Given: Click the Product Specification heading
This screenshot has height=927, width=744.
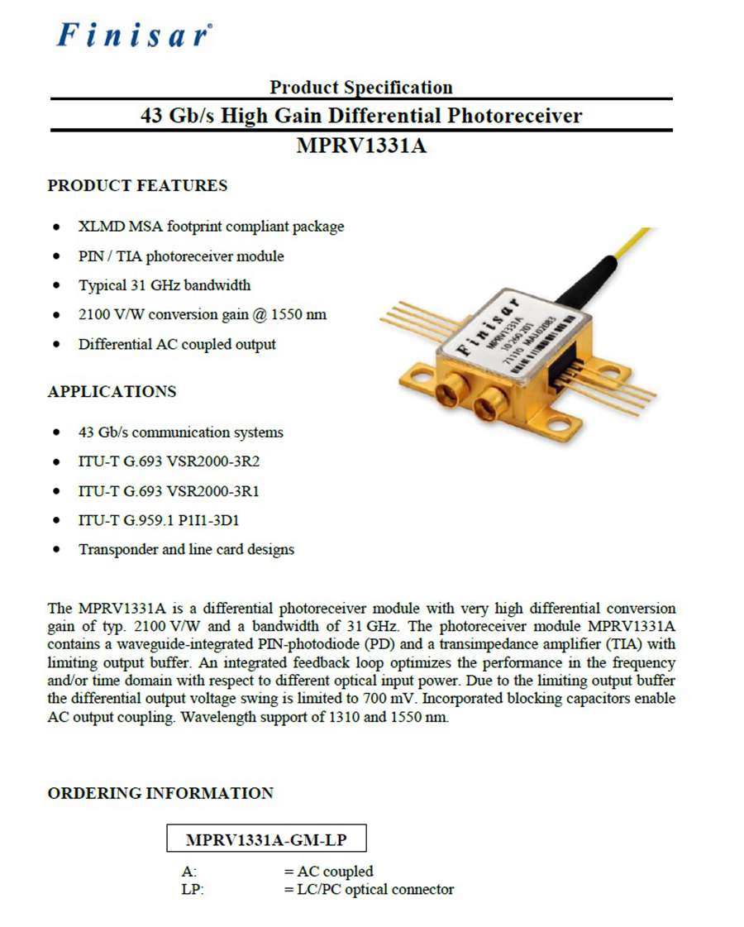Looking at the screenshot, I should click(x=361, y=87).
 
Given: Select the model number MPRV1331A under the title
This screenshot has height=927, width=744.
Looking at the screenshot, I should click(x=361, y=146).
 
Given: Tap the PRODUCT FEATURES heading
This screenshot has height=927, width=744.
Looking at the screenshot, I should click(x=137, y=185).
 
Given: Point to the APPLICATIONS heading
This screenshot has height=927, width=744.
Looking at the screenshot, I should click(x=112, y=391).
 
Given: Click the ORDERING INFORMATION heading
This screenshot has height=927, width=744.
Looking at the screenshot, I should click(x=160, y=793).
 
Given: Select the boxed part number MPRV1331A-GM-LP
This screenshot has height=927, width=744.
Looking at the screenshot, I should click(x=266, y=840).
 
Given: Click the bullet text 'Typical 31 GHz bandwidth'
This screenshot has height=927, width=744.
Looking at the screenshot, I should click(x=165, y=285).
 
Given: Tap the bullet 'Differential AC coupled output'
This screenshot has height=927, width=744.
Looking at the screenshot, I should click(x=177, y=344).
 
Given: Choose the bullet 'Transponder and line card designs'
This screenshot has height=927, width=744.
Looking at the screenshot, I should click(x=186, y=549).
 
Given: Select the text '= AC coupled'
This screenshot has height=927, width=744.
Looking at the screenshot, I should click(x=328, y=871).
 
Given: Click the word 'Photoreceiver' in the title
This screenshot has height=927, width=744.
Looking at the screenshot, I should click(x=515, y=115).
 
